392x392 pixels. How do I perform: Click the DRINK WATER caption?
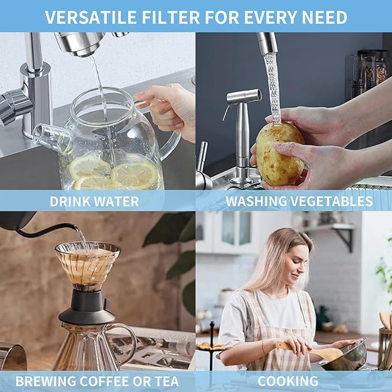[x=94, y=201]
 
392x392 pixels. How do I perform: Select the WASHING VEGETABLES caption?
[x=298, y=201]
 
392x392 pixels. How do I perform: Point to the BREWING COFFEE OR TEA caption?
[x=97, y=381]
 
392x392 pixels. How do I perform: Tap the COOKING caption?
[x=288, y=381]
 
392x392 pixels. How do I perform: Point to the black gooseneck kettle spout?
[x=52, y=229]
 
